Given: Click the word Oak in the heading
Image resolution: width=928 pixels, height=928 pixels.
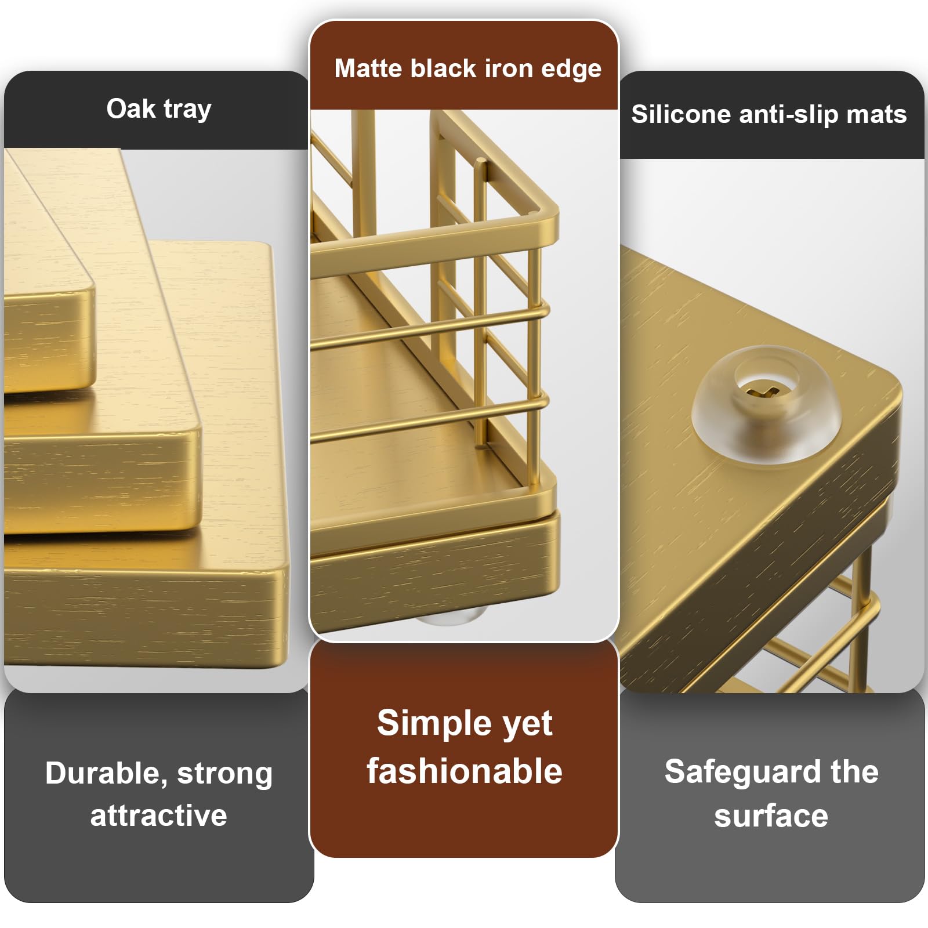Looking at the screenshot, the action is coord(131,108).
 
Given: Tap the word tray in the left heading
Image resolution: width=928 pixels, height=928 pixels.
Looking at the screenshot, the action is coord(187,110).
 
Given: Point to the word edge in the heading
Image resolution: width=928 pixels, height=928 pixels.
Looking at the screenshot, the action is coord(571,70).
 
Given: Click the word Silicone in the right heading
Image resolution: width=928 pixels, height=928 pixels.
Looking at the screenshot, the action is coord(681,114).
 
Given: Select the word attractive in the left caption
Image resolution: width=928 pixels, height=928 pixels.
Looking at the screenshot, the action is coord(158,815).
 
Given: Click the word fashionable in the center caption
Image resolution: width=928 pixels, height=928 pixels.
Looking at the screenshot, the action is coord(465,771).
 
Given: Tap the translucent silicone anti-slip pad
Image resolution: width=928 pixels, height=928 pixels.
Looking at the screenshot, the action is coord(766,404).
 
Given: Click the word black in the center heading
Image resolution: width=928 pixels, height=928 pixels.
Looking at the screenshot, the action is coord(443,68).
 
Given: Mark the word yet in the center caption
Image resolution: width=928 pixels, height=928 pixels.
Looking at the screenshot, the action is coord(527,725).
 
